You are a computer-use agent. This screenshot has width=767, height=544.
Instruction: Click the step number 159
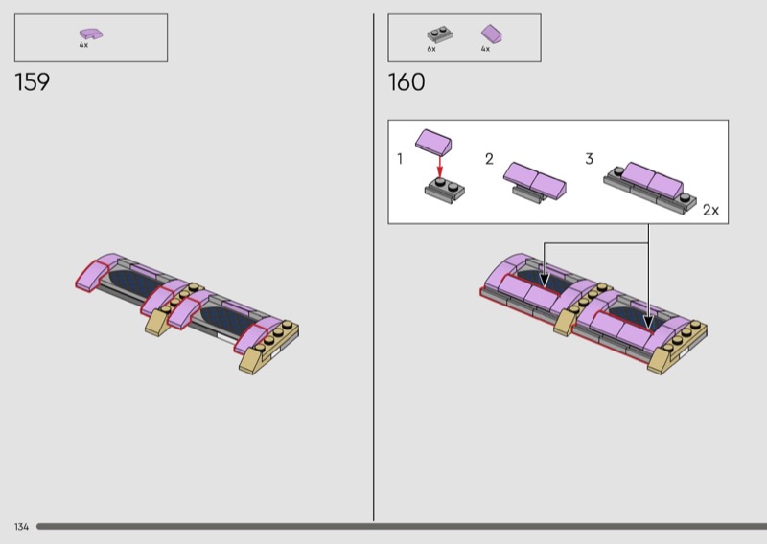[33, 82]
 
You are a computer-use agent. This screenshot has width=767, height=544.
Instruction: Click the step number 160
[406, 82]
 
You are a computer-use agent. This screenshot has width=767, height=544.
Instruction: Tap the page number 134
[21, 527]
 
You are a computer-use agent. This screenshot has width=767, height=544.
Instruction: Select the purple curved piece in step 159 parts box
[91, 34]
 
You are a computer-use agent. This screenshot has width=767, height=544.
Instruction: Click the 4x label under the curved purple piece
[83, 45]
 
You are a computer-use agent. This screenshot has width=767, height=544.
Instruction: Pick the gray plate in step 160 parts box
[439, 34]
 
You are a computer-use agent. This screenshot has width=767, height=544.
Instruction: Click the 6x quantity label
[430, 49]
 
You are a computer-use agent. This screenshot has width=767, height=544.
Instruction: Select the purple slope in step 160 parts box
[492, 34]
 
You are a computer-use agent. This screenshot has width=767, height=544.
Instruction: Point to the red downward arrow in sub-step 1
[439, 168]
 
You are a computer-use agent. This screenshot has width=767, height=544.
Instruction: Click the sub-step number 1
[400, 159]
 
